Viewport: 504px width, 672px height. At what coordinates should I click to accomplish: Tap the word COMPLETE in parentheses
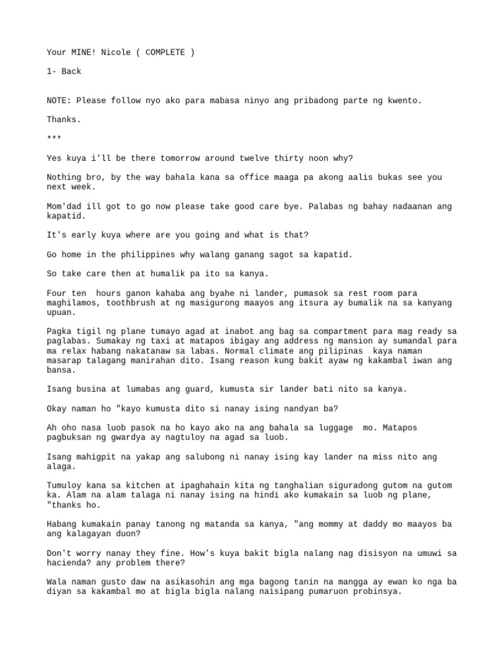165,52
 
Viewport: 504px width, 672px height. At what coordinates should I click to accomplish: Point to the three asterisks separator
54,138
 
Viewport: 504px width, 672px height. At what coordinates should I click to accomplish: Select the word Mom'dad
64,206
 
